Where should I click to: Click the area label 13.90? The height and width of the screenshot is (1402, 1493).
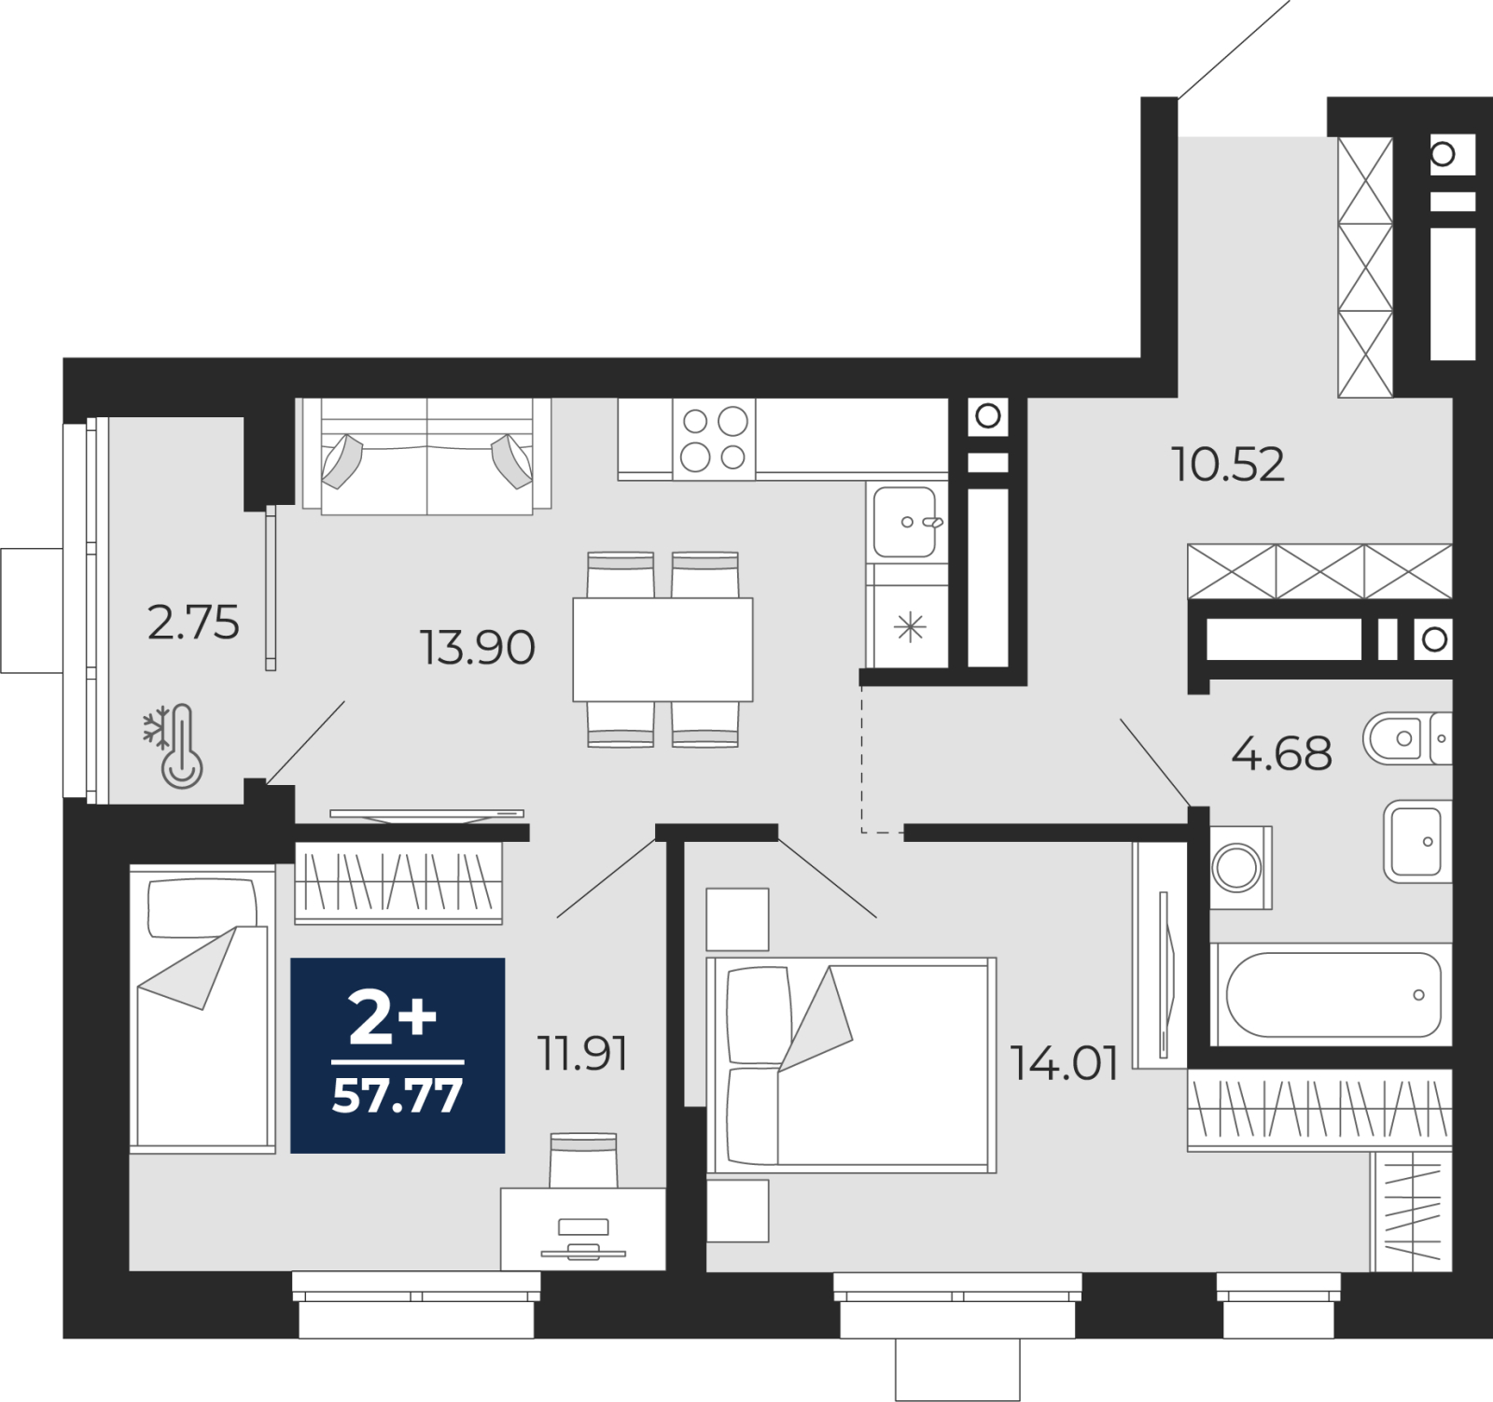tap(477, 647)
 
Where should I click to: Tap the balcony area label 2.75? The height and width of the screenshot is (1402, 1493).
tap(193, 623)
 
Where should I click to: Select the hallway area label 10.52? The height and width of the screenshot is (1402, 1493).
tap(1228, 464)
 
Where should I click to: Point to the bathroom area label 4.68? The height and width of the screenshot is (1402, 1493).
tap(1281, 753)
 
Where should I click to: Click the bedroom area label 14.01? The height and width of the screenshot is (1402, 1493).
tap(1065, 1063)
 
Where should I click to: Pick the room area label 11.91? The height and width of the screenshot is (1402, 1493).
tap(582, 1054)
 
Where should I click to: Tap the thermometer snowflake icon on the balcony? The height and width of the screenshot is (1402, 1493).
tap(173, 746)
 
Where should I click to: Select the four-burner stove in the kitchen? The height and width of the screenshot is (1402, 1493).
tap(714, 440)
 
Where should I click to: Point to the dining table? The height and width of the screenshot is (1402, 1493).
tap(663, 649)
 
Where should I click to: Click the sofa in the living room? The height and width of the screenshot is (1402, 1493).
tap(426, 456)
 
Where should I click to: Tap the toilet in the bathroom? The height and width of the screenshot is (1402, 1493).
tap(1407, 738)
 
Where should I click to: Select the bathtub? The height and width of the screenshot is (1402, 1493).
tap(1332, 994)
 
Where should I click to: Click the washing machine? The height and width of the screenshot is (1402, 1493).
tap(1240, 867)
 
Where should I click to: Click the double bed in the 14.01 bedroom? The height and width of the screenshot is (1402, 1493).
tap(851, 1065)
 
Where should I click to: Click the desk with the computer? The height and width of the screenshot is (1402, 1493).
tap(583, 1228)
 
